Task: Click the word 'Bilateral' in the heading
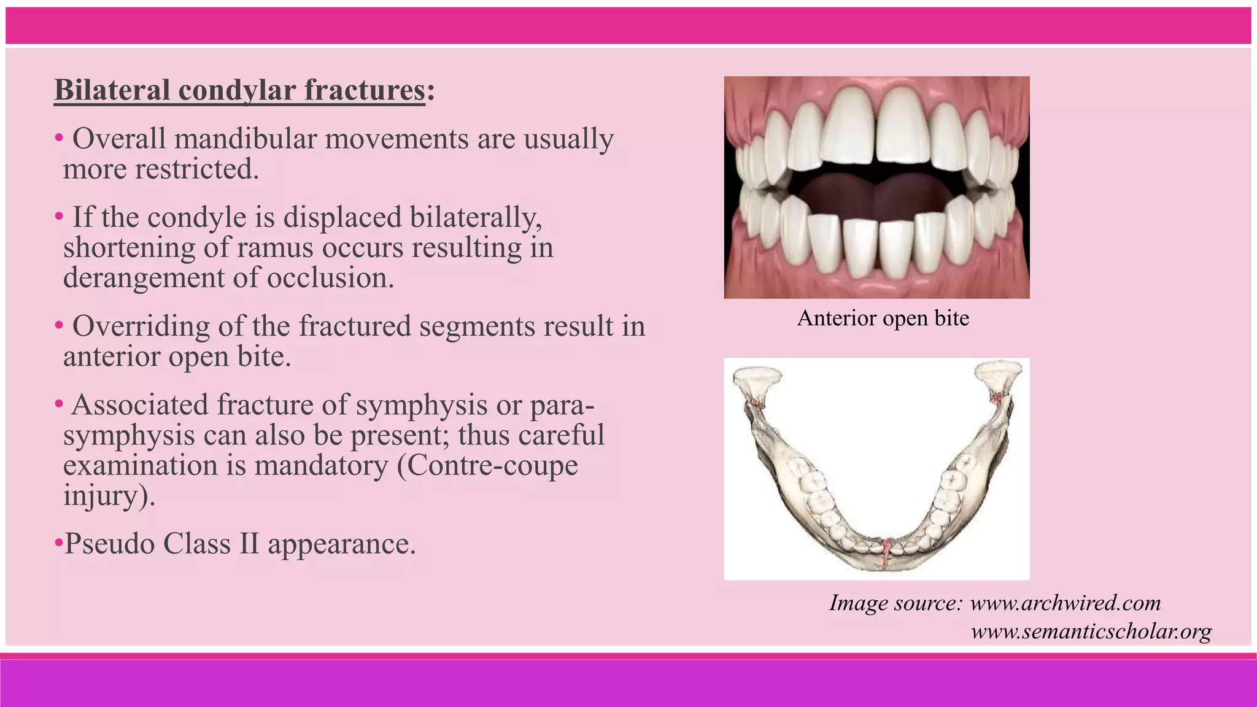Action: (x=112, y=90)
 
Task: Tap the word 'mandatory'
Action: (x=321, y=465)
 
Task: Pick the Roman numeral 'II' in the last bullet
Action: (x=249, y=544)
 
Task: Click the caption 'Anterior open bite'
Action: (x=883, y=318)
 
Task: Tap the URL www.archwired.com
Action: (x=1065, y=603)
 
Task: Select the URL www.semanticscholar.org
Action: (x=1091, y=631)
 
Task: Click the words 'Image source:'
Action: (x=895, y=603)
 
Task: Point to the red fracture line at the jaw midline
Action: (x=886, y=551)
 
